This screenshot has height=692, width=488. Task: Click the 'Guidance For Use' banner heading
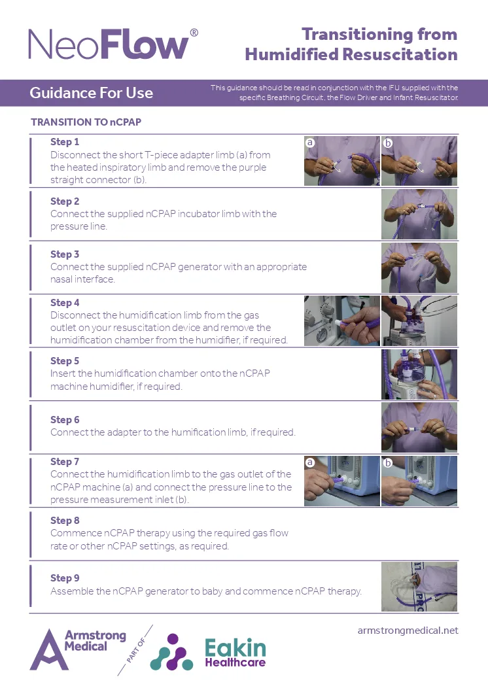coord(91,93)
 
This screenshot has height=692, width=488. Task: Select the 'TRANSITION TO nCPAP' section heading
coord(86,122)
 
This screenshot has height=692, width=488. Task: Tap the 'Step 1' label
coord(65,142)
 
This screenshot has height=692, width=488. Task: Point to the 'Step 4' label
coord(65,303)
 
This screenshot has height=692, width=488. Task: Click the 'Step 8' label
coord(65,521)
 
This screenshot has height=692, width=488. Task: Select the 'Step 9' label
coord(65,578)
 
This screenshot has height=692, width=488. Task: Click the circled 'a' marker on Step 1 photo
coord(310,142)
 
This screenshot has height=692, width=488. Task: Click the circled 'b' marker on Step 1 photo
coord(387,142)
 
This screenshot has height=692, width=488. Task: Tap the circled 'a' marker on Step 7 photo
coord(310,462)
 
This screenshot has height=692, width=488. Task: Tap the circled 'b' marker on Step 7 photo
coord(387,462)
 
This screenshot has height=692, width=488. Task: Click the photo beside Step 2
coord(419,215)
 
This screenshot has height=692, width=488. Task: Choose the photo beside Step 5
coord(419,374)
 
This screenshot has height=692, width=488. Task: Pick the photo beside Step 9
coord(419,587)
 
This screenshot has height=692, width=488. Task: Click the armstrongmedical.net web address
coord(408,631)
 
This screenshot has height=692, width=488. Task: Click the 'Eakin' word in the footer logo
coord(235,648)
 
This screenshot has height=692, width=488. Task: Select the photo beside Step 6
coord(419,428)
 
